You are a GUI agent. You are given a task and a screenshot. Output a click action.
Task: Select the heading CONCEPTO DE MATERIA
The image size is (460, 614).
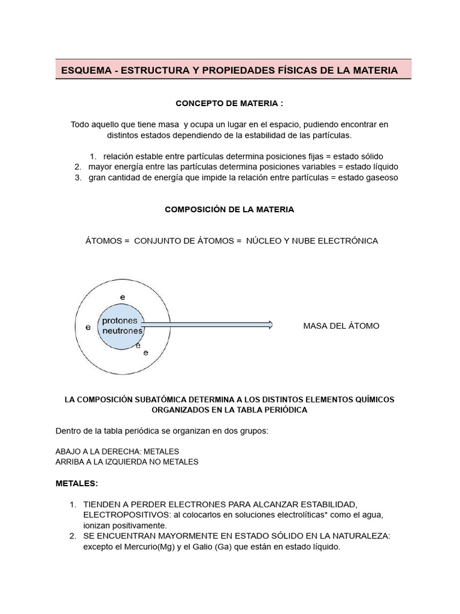coord(229,104)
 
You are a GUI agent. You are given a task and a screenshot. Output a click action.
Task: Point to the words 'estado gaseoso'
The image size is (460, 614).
coord(368,177)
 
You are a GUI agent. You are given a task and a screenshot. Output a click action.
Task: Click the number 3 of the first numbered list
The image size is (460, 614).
coord(78,177)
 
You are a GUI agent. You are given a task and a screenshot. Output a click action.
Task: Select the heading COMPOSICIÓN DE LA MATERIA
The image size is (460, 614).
coord(229,210)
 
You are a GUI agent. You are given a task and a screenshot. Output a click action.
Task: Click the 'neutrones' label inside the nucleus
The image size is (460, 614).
coord(123,330)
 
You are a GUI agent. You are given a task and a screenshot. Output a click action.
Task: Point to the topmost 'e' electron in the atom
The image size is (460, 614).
coord(123,297)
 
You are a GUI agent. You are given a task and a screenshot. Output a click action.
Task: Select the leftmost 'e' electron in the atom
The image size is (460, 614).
coord(88,327)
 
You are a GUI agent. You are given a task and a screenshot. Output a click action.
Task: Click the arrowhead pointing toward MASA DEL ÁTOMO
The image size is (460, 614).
coord(270,325)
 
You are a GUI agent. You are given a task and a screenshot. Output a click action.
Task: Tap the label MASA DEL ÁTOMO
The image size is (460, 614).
coord(341,326)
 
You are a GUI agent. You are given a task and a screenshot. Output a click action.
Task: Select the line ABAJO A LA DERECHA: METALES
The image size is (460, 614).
coord(117,451)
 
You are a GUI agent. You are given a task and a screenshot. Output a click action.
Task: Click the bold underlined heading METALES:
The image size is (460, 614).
coord(76,483)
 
